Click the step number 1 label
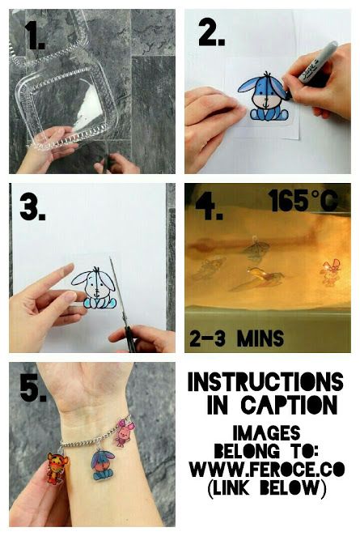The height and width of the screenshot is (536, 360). click(x=35, y=36)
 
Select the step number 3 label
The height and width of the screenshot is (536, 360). click(x=32, y=207)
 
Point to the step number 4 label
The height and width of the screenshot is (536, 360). click(x=209, y=206)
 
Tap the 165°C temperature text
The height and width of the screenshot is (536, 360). click(x=303, y=201)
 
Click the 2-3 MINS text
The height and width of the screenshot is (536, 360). click(x=236, y=338)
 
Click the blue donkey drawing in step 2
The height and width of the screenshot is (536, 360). click(x=264, y=96)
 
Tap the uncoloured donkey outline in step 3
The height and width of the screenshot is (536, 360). click(x=95, y=287)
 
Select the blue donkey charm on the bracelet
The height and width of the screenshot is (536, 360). click(x=101, y=465)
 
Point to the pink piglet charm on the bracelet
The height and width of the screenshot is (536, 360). click(x=123, y=432)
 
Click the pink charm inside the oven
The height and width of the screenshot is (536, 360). click(x=330, y=272)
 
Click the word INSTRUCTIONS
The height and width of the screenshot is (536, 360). click(x=265, y=381)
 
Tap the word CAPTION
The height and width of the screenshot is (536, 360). click(x=289, y=405)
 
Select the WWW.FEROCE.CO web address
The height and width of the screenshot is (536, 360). click(x=267, y=469)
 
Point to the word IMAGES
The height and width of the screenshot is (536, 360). click(x=266, y=433)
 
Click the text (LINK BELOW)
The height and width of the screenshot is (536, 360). click(x=267, y=487)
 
